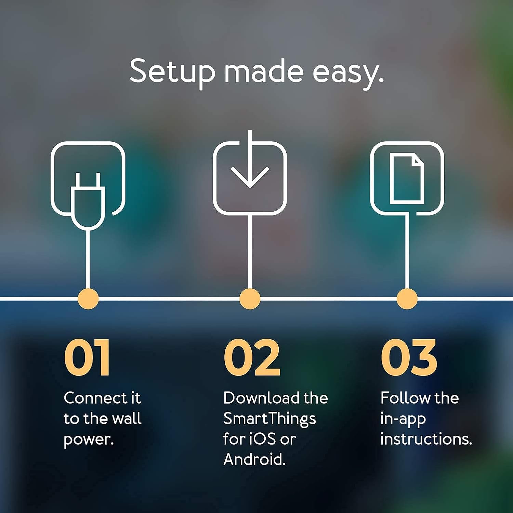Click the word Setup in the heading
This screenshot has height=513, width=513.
pos(172,71)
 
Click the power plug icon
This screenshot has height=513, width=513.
pos(88,200)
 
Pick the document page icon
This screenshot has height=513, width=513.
pos(407,179)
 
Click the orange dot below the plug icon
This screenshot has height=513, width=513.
pos(88,299)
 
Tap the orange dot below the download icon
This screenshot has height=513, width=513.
pos(250,299)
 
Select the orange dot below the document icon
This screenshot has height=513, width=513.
pos(407,299)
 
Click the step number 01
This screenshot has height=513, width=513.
pos(87,358)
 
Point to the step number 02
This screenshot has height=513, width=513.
pos(252,358)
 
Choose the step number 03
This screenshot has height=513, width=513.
pos(409,358)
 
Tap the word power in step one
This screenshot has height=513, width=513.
pos(88,440)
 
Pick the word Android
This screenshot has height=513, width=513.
pos(254,460)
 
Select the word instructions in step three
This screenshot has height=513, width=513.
pos(425,439)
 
